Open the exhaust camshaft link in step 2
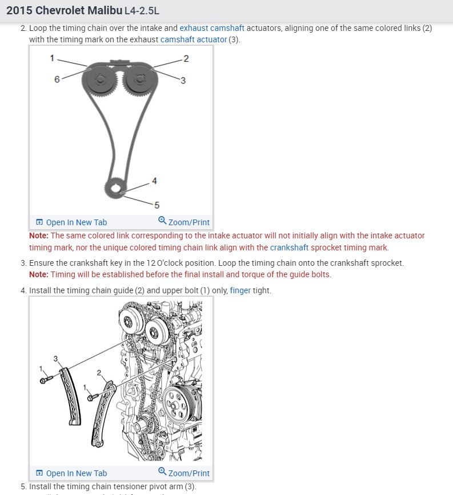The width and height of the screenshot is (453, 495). (212, 28)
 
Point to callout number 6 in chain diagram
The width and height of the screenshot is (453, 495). (57, 79)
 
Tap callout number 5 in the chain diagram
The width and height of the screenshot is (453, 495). (157, 205)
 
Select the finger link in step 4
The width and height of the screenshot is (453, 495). (240, 290)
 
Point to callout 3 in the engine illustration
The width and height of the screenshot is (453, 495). (56, 358)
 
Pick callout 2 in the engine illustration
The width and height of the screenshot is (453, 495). (99, 373)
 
